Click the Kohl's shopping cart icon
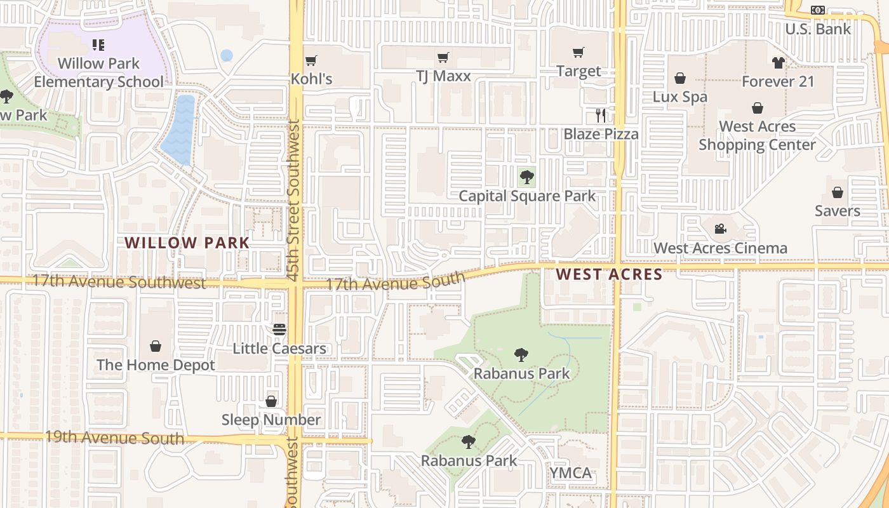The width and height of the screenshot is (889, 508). click(311, 61)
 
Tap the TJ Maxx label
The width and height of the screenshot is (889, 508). click(443, 76)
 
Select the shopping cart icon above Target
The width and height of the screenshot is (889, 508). click(578, 53)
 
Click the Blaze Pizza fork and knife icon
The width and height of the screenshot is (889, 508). click(601, 116)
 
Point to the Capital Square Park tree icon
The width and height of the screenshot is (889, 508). click(526, 177)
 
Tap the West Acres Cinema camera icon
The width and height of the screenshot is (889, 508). click(720, 229)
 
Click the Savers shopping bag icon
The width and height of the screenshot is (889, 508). click(838, 192)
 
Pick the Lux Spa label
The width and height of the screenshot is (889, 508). click(680, 97)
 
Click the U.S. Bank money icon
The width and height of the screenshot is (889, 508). click(818, 10)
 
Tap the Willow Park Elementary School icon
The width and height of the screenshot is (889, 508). click(98, 45)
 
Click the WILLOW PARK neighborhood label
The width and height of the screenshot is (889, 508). click(187, 243)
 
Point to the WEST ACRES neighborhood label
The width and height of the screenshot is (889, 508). click(609, 274)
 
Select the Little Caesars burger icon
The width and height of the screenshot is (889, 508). click(279, 330)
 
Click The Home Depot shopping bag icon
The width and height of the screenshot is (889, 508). click(156, 346)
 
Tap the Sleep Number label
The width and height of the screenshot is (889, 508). click(271, 420)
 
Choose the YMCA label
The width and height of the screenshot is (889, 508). click(570, 473)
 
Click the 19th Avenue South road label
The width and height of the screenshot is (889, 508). click(114, 438)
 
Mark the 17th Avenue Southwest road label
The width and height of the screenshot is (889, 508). click(119, 281)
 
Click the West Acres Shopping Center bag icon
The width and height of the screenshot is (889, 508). click(758, 108)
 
